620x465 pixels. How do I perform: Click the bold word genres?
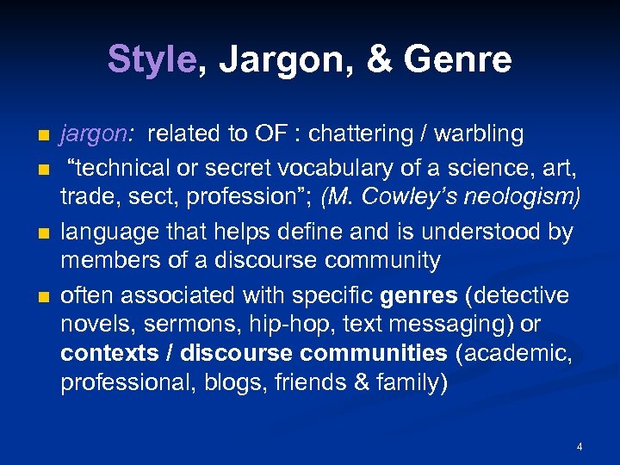[418, 295]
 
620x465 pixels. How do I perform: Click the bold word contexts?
[109, 352]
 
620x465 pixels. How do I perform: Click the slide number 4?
[580, 446]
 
